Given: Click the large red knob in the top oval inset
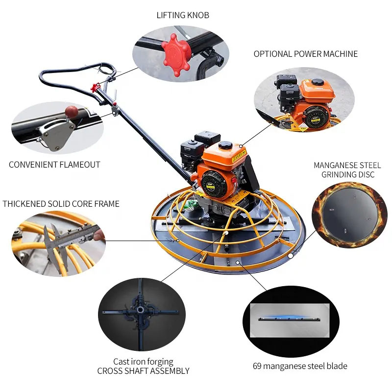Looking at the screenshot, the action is [176, 55].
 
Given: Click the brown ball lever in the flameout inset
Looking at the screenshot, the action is [71, 111].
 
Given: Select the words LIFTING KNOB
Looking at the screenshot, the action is [183, 15].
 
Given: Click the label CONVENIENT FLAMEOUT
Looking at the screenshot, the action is [54, 165].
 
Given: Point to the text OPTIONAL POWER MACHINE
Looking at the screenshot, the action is [305, 54].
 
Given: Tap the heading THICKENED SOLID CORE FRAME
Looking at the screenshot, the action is [61, 204].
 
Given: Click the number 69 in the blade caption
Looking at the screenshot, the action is [257, 366].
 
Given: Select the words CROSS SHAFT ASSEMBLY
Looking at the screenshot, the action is [143, 371].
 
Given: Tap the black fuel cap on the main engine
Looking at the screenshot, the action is [225, 145].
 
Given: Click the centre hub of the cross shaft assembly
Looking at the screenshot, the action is [140, 310].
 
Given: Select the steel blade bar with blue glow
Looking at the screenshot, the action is [289, 319].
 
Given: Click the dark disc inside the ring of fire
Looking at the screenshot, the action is [349, 215].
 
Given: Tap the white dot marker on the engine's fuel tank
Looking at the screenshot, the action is [241, 146].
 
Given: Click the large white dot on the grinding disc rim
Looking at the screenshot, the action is [290, 256].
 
